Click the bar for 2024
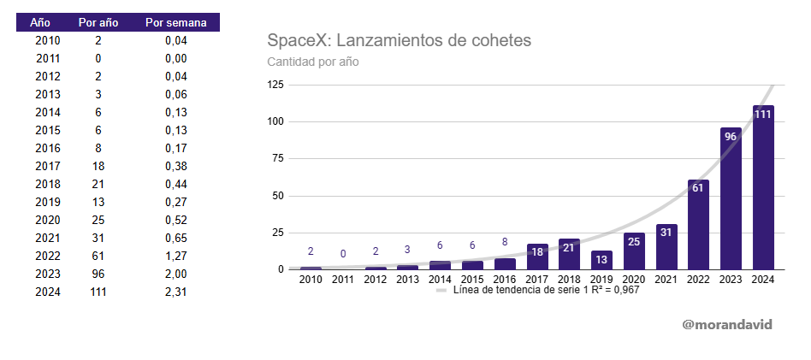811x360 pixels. (x=763, y=188)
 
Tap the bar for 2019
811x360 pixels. (x=601, y=260)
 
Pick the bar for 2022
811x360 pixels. (x=698, y=225)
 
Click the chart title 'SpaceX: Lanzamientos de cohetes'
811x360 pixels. (x=400, y=40)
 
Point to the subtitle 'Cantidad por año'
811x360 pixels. (x=312, y=62)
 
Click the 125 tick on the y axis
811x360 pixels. (x=275, y=84)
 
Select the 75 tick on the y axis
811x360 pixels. (x=278, y=158)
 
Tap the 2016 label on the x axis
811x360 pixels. (x=505, y=280)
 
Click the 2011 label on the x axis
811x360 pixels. (x=343, y=280)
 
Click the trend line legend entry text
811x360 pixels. (x=546, y=290)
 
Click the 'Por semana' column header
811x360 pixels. (x=175, y=22)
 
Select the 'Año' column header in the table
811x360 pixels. (x=41, y=22)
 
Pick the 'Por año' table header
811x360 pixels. (x=98, y=22)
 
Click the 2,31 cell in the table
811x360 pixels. (x=175, y=292)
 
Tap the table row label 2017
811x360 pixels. (x=47, y=166)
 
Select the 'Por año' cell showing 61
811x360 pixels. (x=98, y=256)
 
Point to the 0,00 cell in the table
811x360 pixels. (x=175, y=58)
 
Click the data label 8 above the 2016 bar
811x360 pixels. (x=505, y=242)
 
